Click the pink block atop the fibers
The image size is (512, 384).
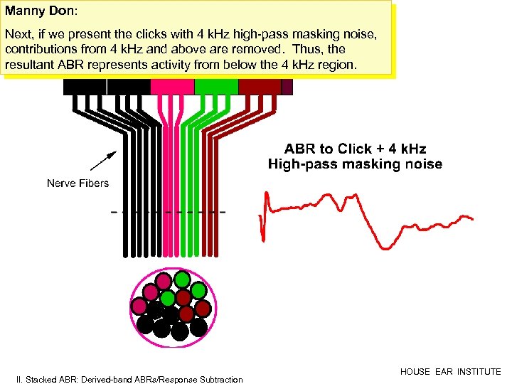click(x=172, y=86)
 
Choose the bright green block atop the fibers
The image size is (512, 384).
click(x=215, y=86)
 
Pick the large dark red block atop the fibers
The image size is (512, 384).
click(x=259, y=86)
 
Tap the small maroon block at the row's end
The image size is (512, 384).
click(x=287, y=86)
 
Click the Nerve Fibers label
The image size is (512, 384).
click(x=78, y=183)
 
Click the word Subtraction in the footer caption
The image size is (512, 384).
click(x=218, y=380)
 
